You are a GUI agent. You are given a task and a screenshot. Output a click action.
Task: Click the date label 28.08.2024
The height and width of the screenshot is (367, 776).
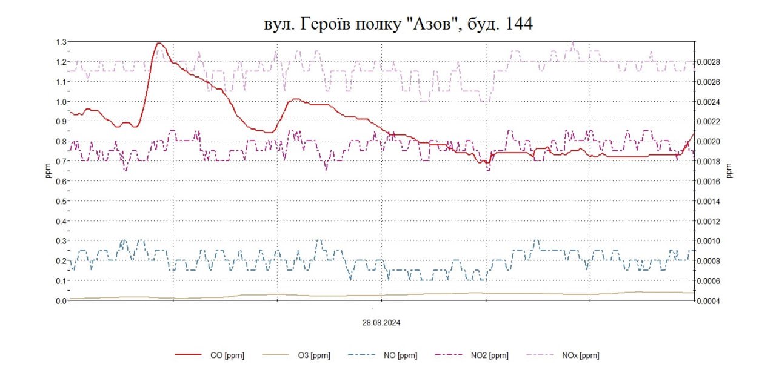(381, 323)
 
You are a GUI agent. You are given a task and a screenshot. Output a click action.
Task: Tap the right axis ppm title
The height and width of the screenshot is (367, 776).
(729, 171)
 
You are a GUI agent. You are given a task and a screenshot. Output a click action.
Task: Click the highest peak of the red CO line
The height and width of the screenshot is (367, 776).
(159, 43)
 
